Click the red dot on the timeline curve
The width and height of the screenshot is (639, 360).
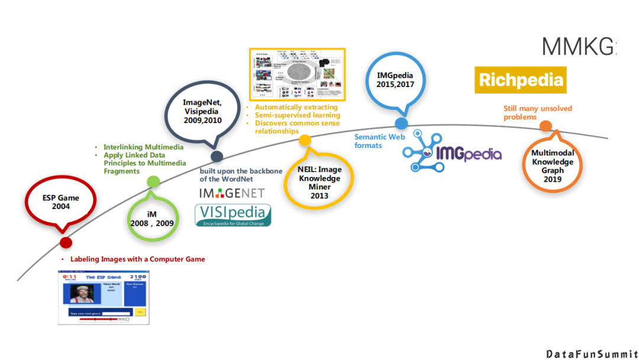[66, 242]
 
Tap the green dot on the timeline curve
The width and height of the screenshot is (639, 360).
[153, 182]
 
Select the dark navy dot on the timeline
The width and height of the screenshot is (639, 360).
[217, 156]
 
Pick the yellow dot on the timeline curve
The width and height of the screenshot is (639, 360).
[305, 140]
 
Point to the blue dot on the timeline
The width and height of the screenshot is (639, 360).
[401, 123]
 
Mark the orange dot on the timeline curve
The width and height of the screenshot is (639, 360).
[546, 126]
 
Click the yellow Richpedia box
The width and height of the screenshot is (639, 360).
[520, 80]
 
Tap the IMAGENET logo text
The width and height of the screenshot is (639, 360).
[231, 193]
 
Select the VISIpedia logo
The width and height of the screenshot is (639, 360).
[233, 215]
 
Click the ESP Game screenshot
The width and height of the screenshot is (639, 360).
[104, 297]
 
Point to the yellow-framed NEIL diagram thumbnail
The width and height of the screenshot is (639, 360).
[297, 74]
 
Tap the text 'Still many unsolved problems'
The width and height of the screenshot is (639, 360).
[537, 112]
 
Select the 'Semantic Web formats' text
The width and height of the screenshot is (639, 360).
[379, 141]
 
